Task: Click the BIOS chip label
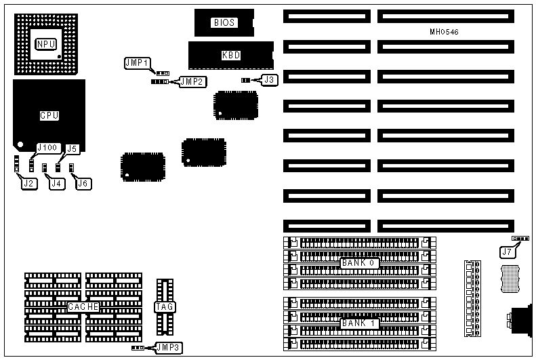click(224, 22)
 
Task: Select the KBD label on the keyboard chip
click(231, 56)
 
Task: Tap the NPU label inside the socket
click(45, 44)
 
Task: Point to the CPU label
click(49, 115)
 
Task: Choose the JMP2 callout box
click(193, 81)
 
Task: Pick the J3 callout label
click(270, 80)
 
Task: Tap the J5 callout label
click(73, 148)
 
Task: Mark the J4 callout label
click(57, 183)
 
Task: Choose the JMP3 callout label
click(167, 348)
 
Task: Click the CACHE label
click(83, 307)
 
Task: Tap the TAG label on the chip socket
click(165, 307)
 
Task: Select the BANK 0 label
click(358, 262)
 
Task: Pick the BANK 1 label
click(358, 323)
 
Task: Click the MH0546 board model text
click(444, 32)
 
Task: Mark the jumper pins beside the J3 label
click(245, 80)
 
